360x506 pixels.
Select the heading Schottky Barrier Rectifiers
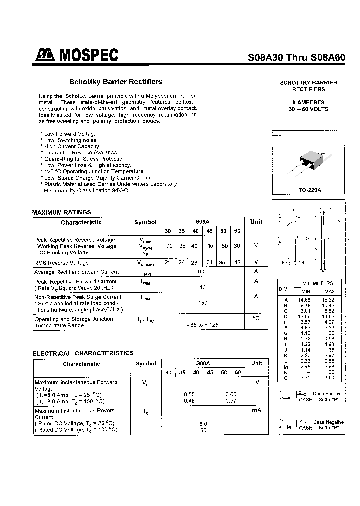tap(115, 82)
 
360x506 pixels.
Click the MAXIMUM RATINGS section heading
tap(62, 212)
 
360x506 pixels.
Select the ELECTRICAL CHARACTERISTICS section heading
tap(83, 353)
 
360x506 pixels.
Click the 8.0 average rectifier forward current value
tap(202, 272)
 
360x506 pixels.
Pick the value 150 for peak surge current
tap(202, 303)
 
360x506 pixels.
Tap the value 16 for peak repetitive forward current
tap(202, 288)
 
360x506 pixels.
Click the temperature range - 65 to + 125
tap(202, 325)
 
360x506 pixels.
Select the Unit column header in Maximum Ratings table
tap(256, 222)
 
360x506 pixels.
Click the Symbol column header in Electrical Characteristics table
tap(146, 364)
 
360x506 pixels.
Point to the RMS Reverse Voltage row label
tap(61, 263)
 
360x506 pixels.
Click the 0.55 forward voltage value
tap(189, 394)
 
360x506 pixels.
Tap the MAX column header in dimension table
tap(330, 291)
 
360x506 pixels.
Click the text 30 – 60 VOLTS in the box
tap(308, 109)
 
